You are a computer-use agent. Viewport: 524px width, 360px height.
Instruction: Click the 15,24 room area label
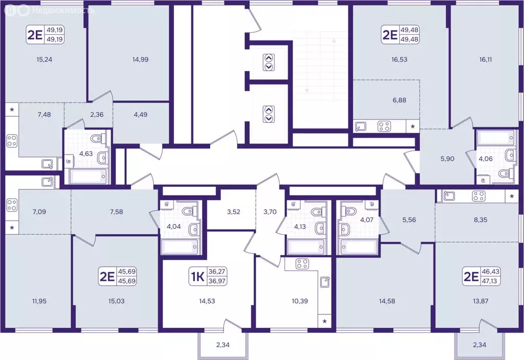click(x=45, y=59)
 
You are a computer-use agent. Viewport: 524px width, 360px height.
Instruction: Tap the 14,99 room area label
click(x=140, y=59)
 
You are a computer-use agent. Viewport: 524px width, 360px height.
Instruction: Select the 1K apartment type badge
click(x=197, y=277)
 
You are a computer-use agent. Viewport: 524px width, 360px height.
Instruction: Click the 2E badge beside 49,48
click(x=389, y=34)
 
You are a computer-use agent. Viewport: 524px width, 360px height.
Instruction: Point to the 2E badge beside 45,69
click(x=107, y=277)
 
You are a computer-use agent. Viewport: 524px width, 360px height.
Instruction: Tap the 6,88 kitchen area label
click(x=399, y=100)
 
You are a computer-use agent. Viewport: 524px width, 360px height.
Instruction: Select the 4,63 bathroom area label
click(x=86, y=154)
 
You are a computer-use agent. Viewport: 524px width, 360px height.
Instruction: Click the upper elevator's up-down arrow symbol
click(x=269, y=62)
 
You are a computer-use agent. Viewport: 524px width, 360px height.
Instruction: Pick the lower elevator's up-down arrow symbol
click(x=269, y=114)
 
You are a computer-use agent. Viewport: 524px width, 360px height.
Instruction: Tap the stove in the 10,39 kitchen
click(x=302, y=264)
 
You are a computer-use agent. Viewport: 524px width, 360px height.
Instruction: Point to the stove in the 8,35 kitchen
click(x=478, y=196)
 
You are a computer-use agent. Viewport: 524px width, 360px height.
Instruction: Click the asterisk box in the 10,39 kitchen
click(x=324, y=322)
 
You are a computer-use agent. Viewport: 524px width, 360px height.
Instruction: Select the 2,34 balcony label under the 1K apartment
click(x=223, y=345)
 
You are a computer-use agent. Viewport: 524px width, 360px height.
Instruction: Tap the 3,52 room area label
click(x=233, y=212)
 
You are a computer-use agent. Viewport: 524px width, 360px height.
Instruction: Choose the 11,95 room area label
click(x=39, y=301)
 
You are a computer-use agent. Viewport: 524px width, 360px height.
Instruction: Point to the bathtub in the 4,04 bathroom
click(x=181, y=247)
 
